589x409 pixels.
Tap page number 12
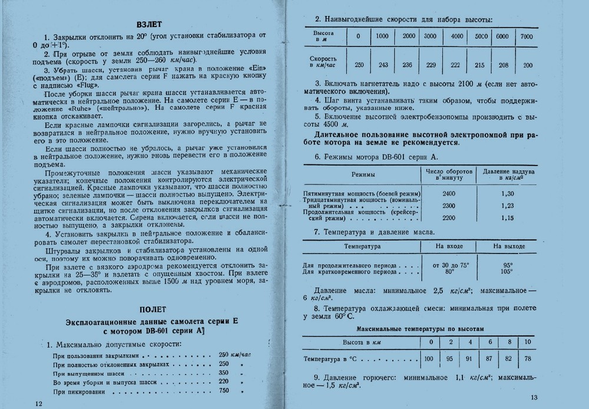point(39,403)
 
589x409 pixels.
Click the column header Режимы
point(363,175)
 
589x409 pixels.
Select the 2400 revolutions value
point(449,193)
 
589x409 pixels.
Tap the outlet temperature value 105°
point(506,271)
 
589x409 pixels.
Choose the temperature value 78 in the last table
point(528,358)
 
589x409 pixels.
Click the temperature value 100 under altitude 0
point(431,358)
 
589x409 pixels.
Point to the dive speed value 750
point(223,391)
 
